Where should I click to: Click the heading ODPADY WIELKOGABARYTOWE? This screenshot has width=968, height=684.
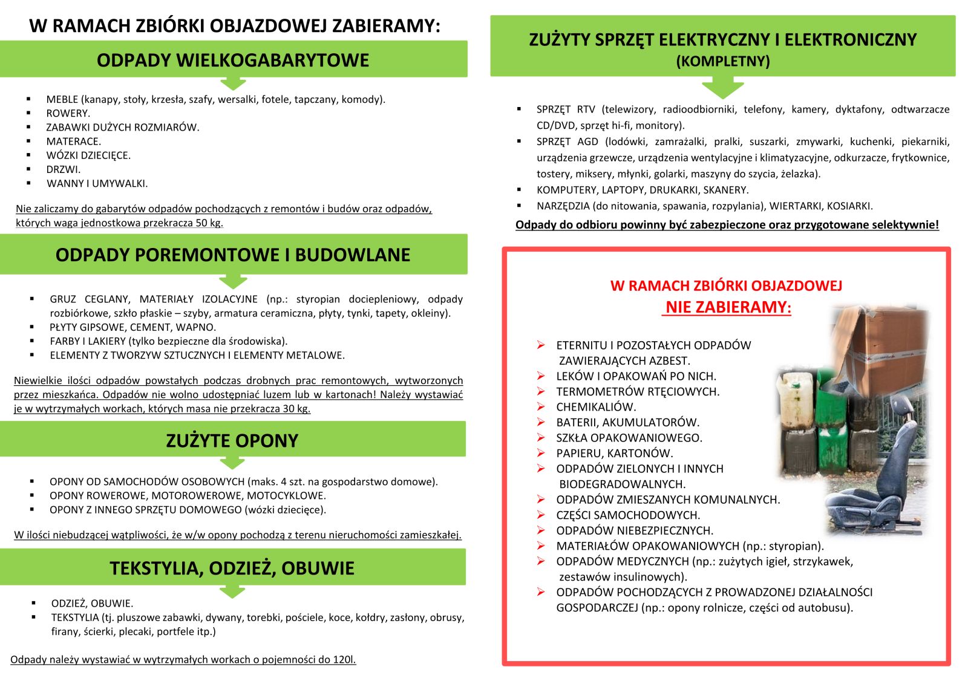pyautogui.click(x=233, y=60)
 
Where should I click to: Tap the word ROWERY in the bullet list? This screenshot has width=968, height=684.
pyautogui.click(x=67, y=114)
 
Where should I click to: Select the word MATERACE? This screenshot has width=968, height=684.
pyautogui.click(x=73, y=142)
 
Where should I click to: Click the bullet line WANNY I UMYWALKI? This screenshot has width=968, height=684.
pyautogui.click(x=97, y=184)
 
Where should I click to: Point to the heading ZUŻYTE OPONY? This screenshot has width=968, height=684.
pyautogui.click(x=232, y=441)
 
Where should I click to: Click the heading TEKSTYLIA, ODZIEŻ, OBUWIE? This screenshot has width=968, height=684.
pyautogui.click(x=232, y=568)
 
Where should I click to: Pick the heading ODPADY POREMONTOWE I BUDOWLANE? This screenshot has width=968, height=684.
pyautogui.click(x=233, y=255)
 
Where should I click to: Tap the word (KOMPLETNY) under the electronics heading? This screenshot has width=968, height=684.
pyautogui.click(x=723, y=62)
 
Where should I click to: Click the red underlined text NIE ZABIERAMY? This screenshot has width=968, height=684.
pyautogui.click(x=727, y=307)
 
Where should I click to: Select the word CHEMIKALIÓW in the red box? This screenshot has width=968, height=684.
pyautogui.click(x=596, y=407)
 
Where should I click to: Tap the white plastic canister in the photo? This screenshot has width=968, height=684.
pyautogui.click(x=797, y=399)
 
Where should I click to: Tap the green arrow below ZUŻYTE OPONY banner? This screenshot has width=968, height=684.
pyautogui.click(x=232, y=463)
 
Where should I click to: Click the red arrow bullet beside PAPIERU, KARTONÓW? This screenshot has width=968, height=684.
pyautogui.click(x=541, y=453)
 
